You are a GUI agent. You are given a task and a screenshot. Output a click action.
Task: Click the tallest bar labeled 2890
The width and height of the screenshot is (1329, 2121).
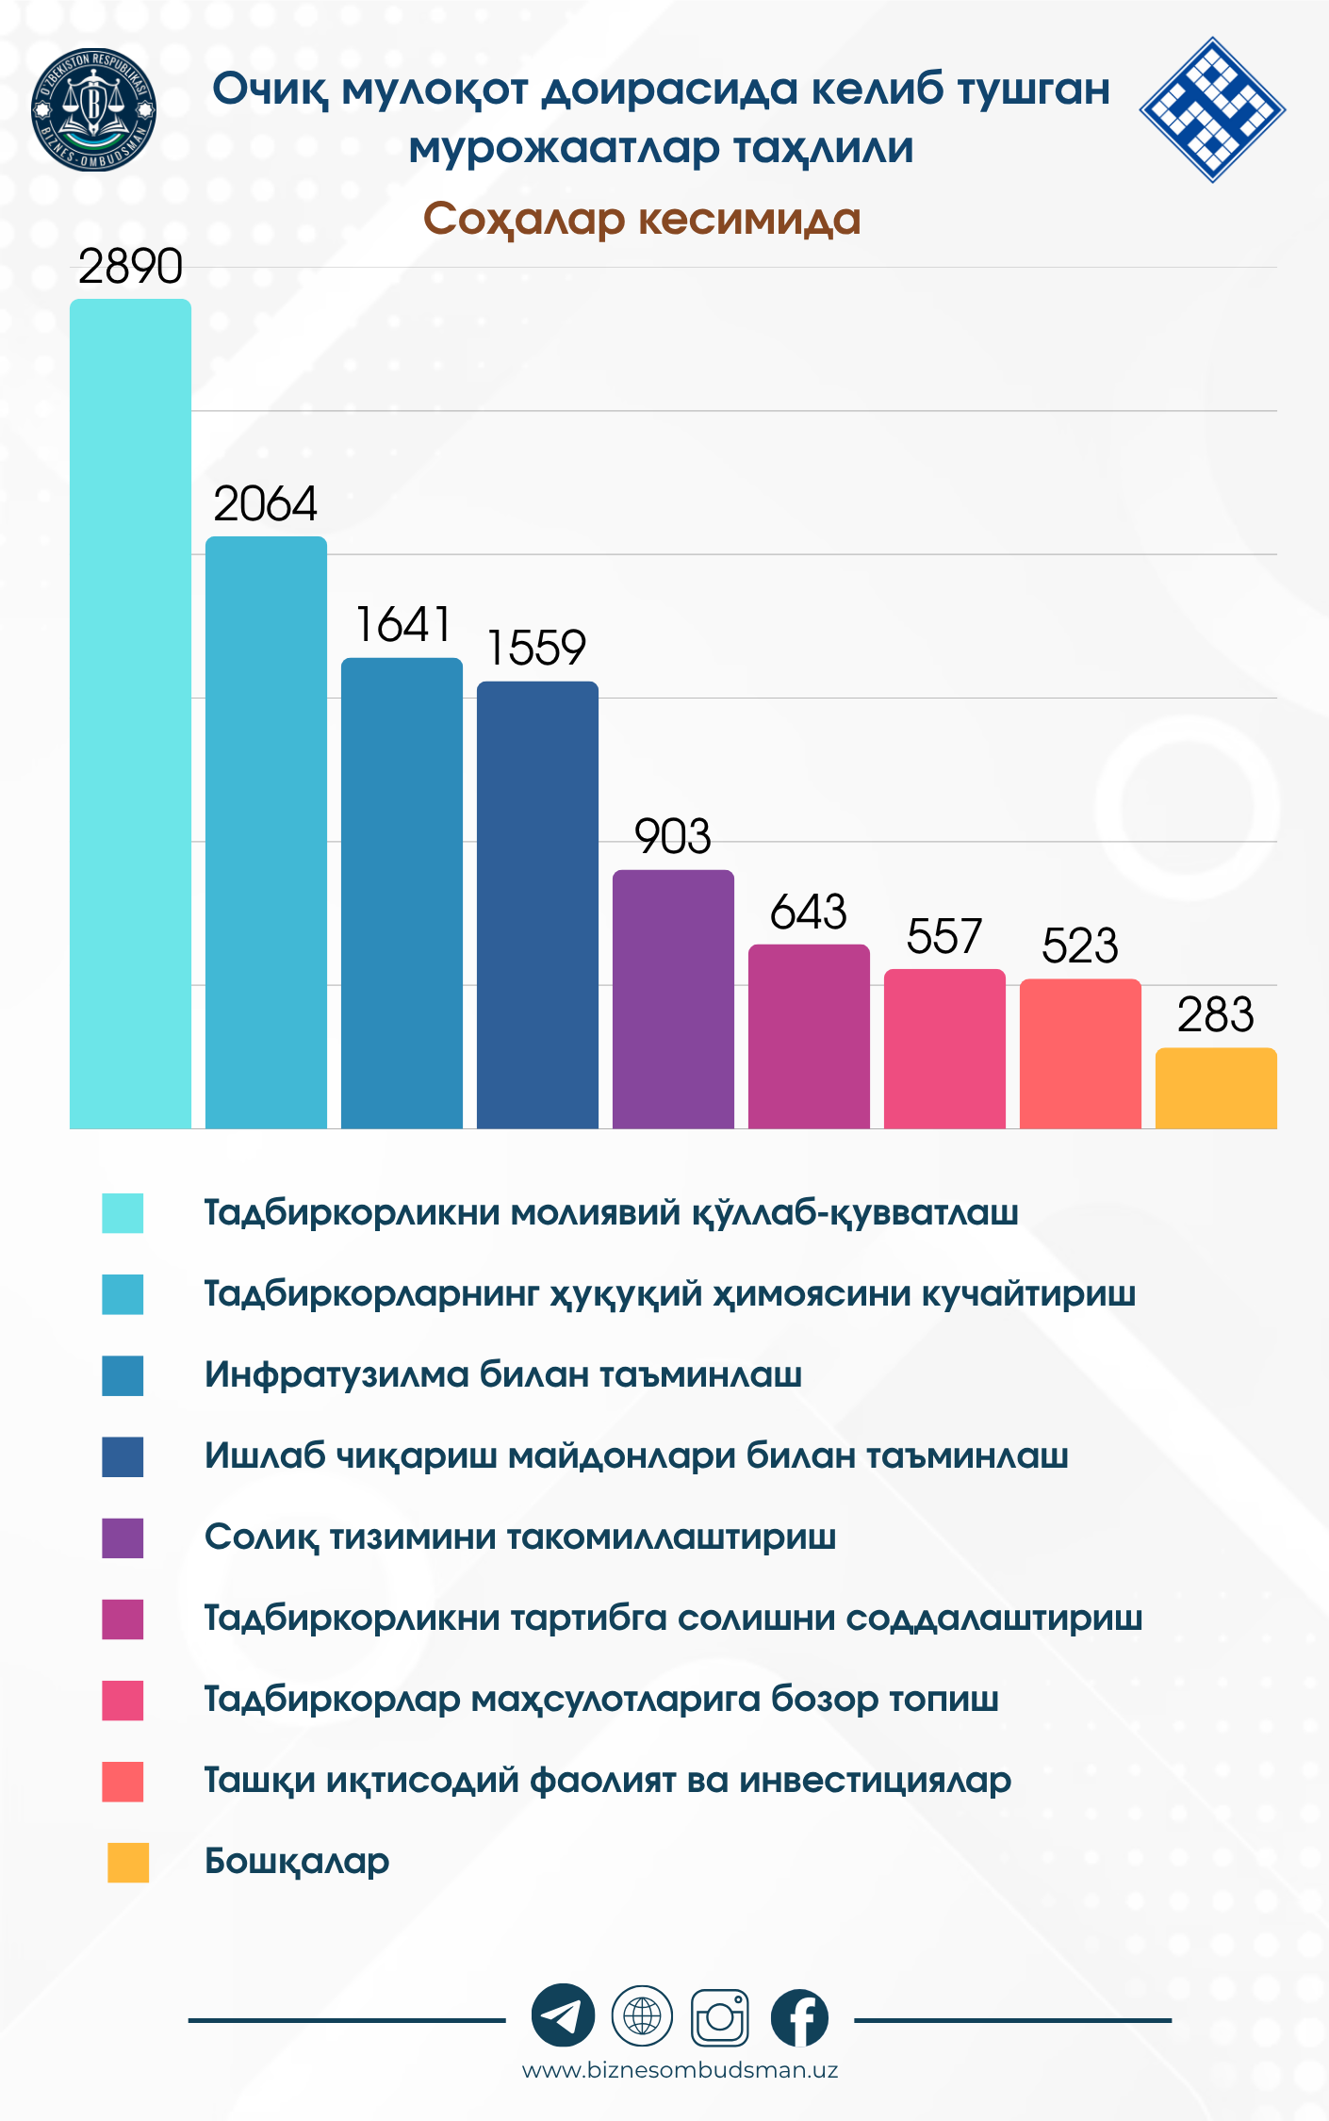[x=130, y=714]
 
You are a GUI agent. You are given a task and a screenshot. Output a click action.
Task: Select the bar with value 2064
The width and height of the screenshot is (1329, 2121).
[x=266, y=832]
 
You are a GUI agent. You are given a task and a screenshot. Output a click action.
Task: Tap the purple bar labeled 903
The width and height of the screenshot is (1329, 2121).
[x=673, y=999]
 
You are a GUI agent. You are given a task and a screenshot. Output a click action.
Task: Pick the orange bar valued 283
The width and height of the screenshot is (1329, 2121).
[x=1216, y=1088]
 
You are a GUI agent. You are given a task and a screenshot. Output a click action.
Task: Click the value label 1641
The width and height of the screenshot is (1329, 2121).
[x=402, y=624]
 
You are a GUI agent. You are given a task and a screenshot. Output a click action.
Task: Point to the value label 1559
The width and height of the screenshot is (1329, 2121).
[x=536, y=648]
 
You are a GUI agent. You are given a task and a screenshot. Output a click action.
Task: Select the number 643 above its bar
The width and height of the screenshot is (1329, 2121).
[x=808, y=912]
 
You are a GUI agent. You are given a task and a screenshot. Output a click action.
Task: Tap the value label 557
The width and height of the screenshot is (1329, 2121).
[x=943, y=936]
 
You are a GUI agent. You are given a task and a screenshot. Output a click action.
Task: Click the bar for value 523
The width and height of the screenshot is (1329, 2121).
[x=1080, y=1053]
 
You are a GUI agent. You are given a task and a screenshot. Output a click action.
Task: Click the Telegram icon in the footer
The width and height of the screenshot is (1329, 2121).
[x=563, y=2016]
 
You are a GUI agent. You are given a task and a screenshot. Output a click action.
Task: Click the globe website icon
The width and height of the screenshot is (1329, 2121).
[x=642, y=2016]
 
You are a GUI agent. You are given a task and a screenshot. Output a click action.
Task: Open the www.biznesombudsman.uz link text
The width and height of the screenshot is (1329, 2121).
[x=680, y=2070]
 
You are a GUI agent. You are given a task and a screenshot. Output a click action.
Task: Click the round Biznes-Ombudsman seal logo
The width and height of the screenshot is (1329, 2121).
[x=93, y=109]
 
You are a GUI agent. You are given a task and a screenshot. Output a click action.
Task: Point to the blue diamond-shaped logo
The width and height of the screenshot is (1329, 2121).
[x=1212, y=109]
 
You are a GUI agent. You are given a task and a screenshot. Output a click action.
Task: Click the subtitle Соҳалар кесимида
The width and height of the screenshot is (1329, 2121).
[x=642, y=219]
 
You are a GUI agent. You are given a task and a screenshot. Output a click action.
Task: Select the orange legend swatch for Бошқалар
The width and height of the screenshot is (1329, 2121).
[x=128, y=1863]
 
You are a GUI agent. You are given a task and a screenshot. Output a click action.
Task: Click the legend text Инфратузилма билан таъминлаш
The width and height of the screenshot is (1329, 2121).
[x=503, y=1374]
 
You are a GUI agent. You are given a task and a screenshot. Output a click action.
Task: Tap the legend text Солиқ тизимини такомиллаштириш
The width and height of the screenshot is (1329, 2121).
[x=520, y=1537]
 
